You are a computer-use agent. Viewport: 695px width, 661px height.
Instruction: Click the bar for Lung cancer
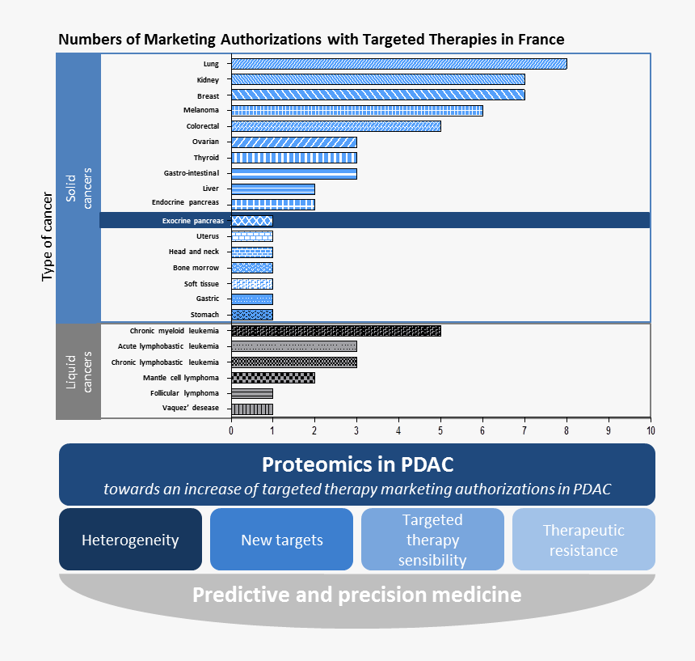(398, 64)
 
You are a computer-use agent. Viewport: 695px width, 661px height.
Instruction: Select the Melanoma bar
(356, 111)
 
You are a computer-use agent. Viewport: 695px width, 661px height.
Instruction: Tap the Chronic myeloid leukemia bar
(335, 330)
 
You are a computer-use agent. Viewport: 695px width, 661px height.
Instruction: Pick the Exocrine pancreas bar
(251, 220)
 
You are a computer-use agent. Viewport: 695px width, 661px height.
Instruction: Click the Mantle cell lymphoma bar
(272, 377)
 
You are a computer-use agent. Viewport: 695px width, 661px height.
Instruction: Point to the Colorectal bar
(335, 126)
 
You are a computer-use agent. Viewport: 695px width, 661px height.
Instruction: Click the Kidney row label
(208, 79)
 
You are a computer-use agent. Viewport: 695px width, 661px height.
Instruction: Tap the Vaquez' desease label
(191, 408)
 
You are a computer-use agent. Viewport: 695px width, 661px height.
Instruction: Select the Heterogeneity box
(130, 540)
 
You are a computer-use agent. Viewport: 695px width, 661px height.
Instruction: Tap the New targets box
(281, 540)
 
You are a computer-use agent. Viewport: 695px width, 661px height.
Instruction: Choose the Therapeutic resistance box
(583, 540)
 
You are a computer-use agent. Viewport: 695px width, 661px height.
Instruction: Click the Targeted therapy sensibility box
(432, 540)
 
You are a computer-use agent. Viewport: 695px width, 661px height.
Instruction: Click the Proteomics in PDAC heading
(356, 465)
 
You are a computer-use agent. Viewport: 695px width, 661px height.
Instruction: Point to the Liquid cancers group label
(78, 371)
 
